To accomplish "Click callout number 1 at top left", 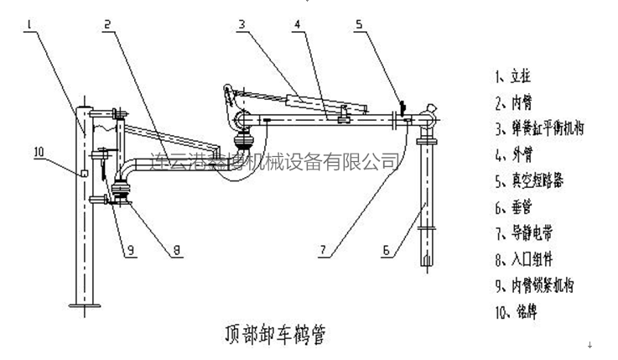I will [x=29, y=26].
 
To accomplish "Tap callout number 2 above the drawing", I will [x=108, y=24].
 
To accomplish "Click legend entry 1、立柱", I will [x=514, y=76].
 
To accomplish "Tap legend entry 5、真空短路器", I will [x=530, y=178].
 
